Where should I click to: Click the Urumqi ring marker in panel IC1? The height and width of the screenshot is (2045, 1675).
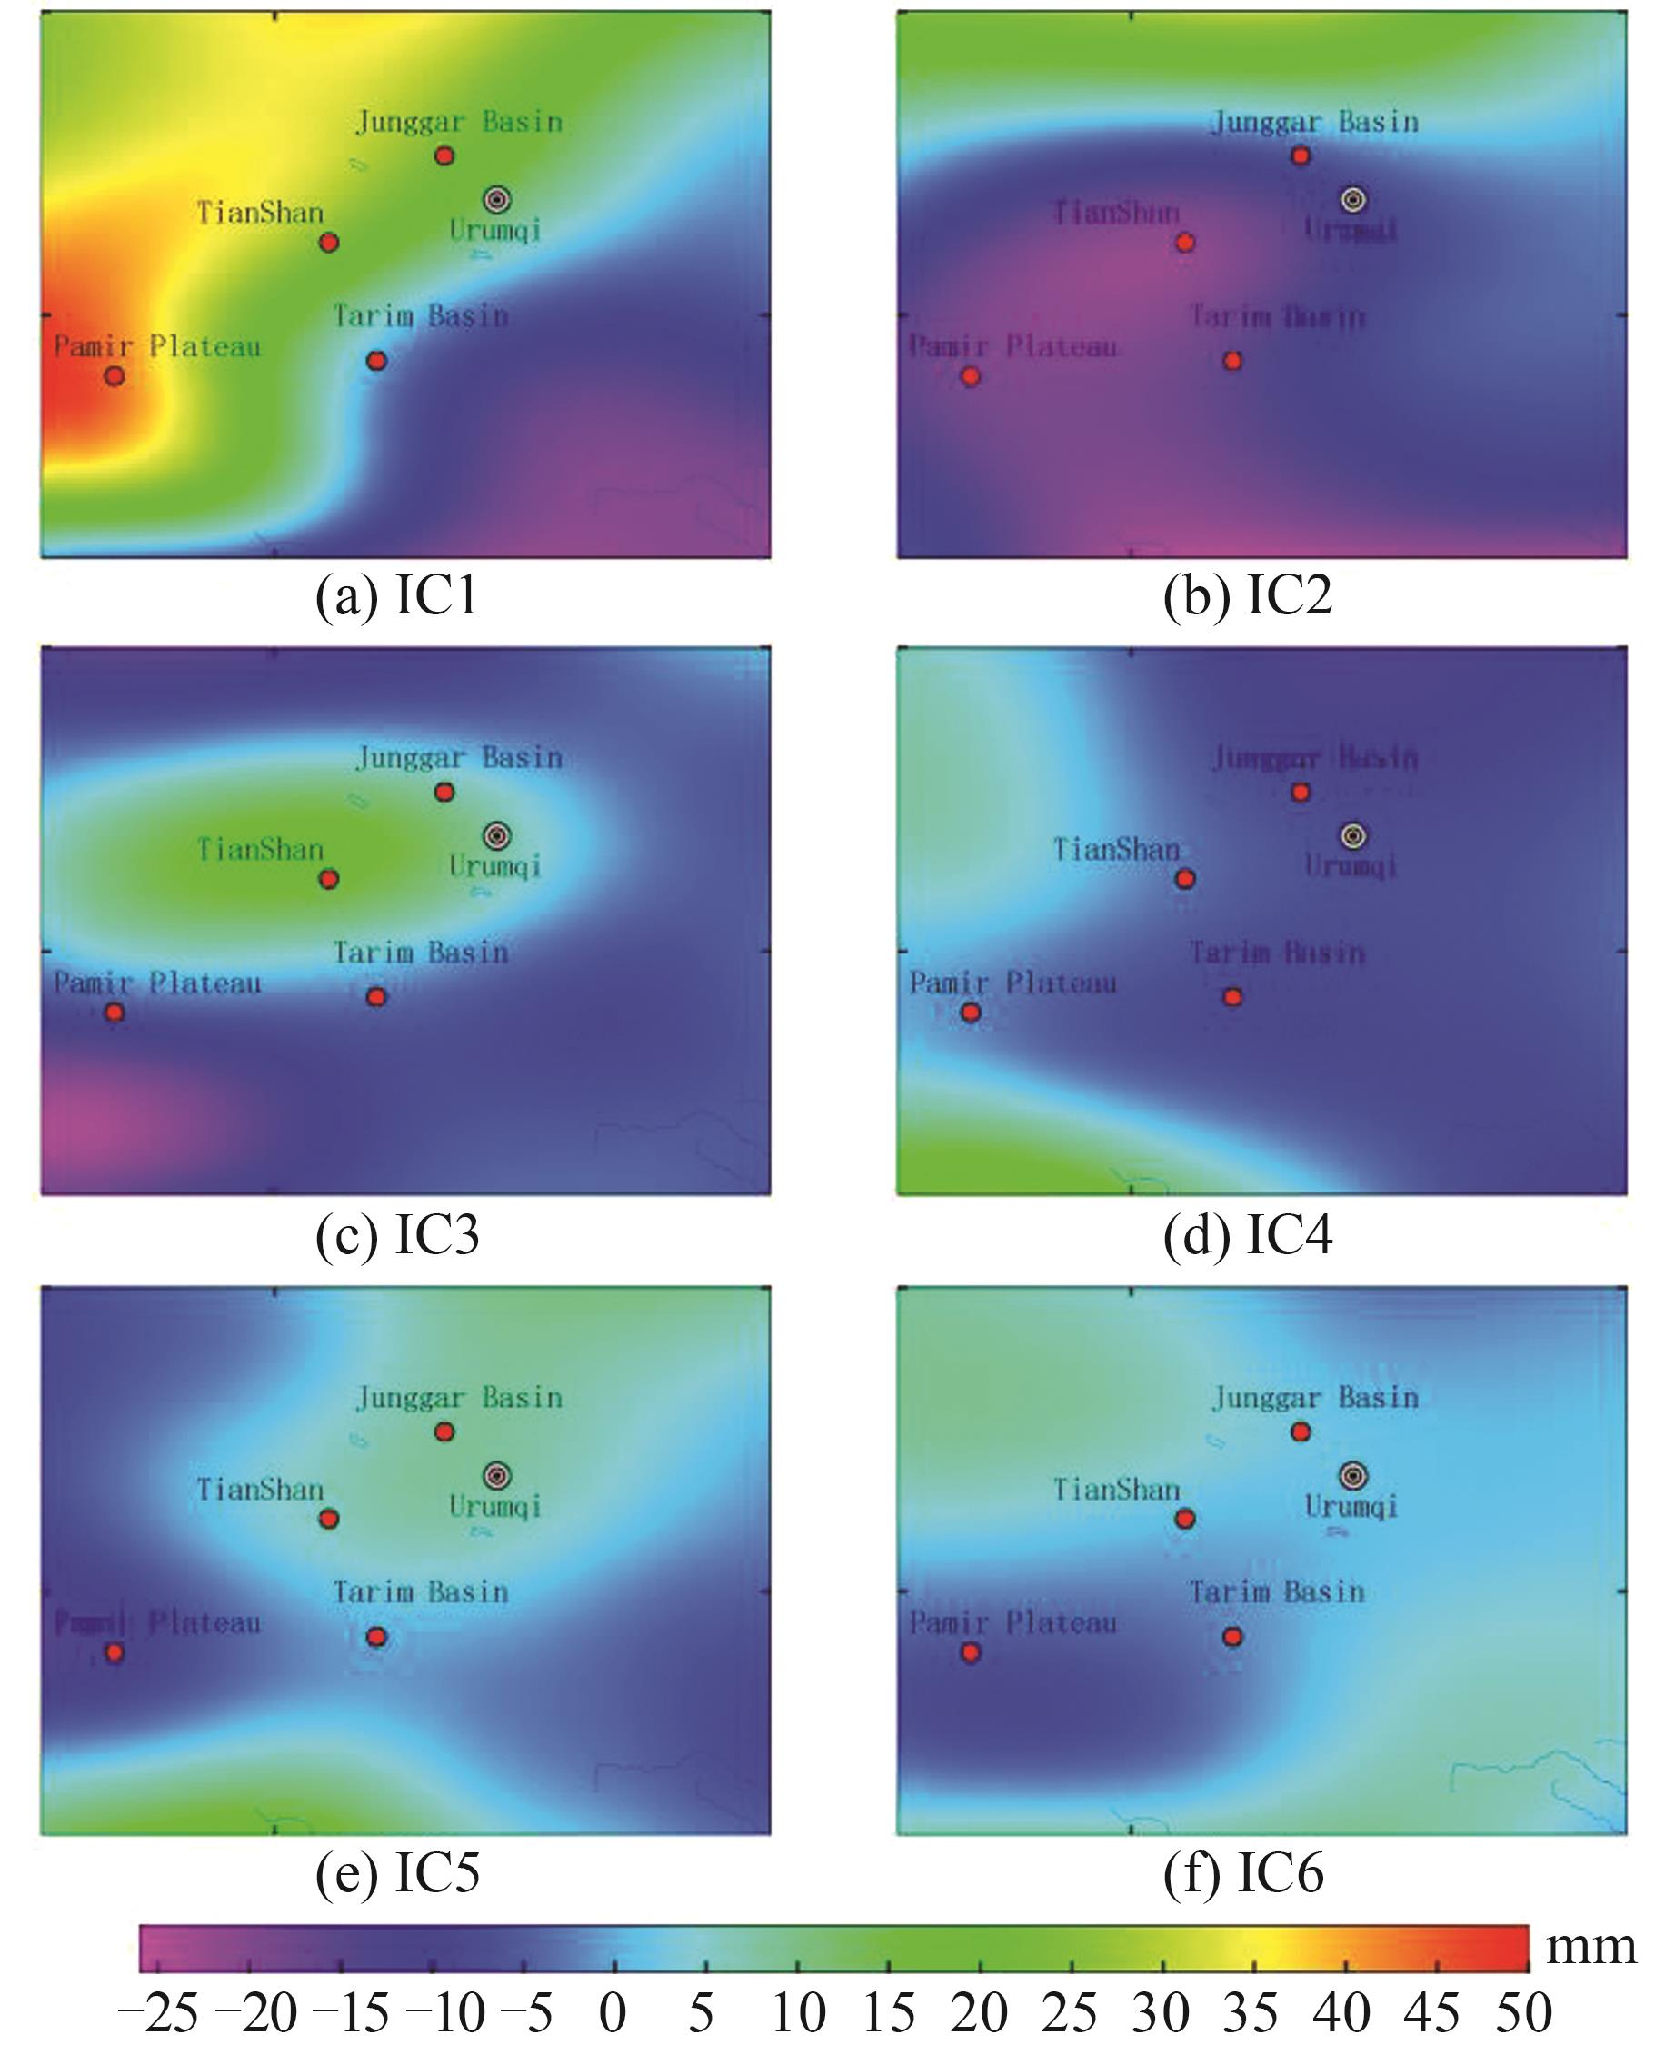coord(496,200)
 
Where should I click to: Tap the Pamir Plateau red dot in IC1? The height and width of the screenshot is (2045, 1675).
coord(114,375)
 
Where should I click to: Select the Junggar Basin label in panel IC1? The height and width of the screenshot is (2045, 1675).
coord(459,123)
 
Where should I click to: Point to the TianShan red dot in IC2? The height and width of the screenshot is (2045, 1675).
coord(1185,243)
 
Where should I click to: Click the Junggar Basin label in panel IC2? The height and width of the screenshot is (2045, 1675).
coord(1315,123)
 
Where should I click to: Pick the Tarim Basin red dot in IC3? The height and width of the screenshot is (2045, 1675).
coord(376,996)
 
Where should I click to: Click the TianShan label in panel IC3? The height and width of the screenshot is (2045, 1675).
coord(260,849)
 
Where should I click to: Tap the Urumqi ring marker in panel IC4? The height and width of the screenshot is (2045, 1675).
coord(1352,836)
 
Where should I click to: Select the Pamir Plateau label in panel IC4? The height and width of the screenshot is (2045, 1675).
coord(1013,983)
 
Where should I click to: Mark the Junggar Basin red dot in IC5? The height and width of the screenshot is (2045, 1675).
coord(444,1431)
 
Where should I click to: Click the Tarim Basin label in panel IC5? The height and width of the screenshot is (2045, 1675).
coord(421,1591)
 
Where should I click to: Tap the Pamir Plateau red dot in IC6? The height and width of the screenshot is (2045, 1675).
coord(971,1652)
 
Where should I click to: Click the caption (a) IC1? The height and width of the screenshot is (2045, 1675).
coord(396,596)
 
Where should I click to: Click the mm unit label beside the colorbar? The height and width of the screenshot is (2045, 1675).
coord(1591,1948)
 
